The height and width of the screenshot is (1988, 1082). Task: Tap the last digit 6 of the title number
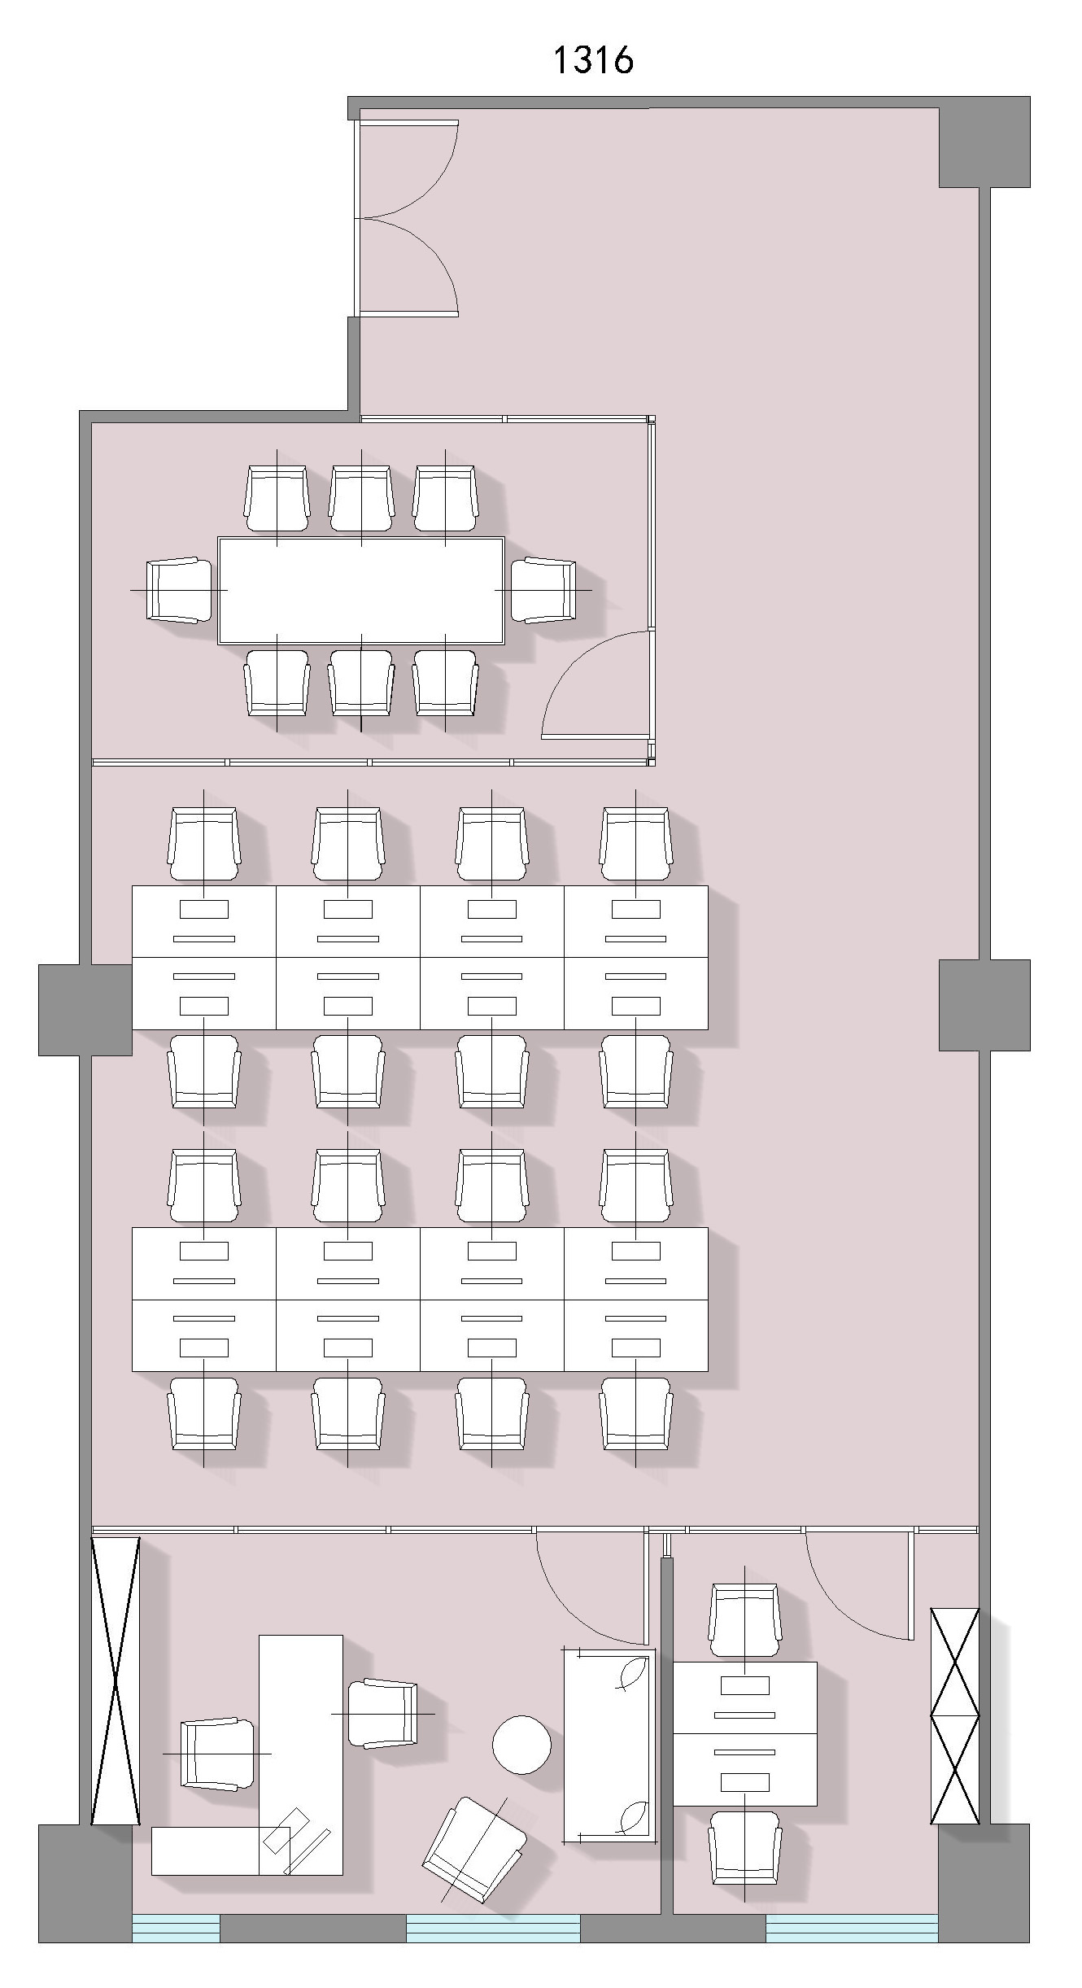click(622, 60)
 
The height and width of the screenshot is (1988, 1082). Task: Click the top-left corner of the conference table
click(218, 537)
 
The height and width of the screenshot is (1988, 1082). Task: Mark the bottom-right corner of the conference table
click(504, 644)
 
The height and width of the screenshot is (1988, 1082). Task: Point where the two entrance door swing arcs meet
click(357, 218)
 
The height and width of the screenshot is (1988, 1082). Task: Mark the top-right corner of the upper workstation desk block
click(708, 886)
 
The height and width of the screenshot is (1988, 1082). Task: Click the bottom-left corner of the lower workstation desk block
click(132, 1371)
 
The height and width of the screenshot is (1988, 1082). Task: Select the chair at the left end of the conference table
click(179, 590)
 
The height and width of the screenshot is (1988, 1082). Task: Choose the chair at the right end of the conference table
click(543, 590)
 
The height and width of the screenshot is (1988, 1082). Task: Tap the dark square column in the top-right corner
click(984, 142)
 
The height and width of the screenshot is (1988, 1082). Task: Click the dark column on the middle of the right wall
click(984, 1005)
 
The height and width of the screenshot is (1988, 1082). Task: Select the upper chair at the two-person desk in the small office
click(744, 1620)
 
